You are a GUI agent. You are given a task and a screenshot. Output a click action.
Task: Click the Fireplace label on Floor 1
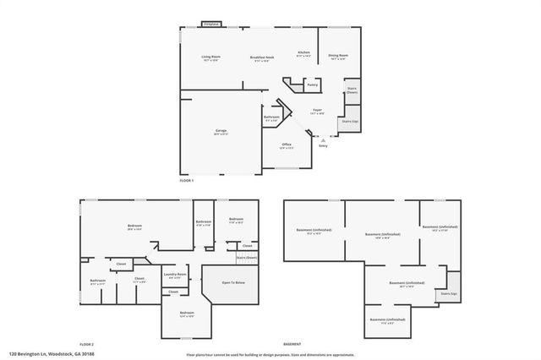tap(211, 25)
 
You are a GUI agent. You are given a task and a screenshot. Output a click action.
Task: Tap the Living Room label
tap(210, 57)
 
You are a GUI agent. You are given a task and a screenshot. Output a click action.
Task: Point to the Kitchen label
tap(303, 52)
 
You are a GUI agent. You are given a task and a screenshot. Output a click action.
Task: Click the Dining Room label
tap(337, 55)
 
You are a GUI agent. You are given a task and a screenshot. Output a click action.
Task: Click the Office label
tap(287, 145)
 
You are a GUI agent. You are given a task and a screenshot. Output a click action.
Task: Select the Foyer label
tap(317, 110)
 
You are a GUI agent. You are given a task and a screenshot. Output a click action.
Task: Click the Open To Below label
tap(233, 281)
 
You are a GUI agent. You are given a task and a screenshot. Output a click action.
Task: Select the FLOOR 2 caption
tap(86, 345)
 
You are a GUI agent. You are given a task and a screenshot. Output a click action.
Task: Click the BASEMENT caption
tap(292, 345)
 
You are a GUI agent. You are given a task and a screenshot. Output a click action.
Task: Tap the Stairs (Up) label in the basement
tap(448, 293)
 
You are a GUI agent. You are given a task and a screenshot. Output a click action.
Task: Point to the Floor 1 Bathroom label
tap(271, 117)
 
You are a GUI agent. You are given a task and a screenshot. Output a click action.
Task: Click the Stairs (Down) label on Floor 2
tap(246, 257)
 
